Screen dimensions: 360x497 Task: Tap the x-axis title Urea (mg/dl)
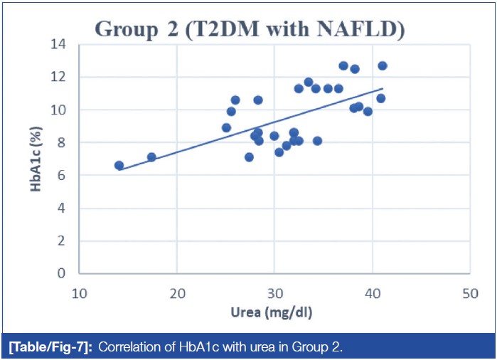(274, 312)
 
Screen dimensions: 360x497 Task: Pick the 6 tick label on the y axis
(65, 175)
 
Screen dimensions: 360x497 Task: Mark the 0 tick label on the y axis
(65, 274)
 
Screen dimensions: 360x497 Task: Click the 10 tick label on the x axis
(80, 292)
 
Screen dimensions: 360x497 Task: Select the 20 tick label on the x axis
(177, 292)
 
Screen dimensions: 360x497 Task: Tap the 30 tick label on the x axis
(274, 292)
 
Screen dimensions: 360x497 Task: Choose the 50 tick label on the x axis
(469, 292)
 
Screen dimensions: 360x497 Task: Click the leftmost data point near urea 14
(119, 165)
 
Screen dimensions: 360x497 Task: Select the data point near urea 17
(151, 157)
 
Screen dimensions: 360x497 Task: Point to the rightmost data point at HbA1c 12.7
(383, 65)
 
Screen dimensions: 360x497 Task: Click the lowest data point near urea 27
(249, 157)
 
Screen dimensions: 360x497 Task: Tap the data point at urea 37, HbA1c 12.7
(343, 65)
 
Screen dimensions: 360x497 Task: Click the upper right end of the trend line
(383, 89)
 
